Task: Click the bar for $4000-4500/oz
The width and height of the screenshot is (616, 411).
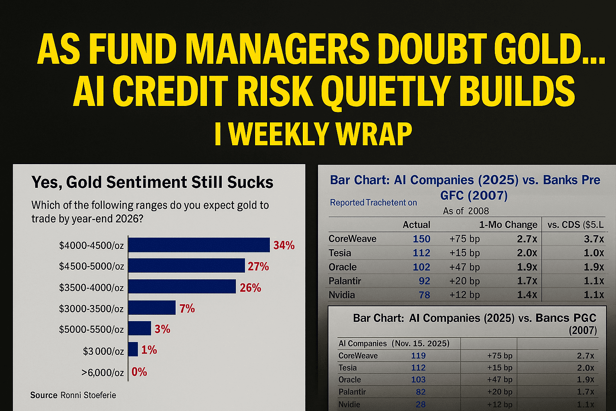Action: click(199, 245)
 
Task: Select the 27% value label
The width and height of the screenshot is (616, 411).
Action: click(258, 267)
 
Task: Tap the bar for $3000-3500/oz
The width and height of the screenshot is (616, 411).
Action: click(152, 308)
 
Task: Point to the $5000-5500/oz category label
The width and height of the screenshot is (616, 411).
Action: click(91, 330)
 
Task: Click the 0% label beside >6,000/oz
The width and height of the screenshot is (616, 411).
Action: click(139, 372)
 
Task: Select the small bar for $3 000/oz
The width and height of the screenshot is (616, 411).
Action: click(133, 350)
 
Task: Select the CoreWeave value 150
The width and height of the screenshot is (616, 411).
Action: click(421, 239)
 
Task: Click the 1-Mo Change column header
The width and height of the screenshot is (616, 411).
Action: click(508, 225)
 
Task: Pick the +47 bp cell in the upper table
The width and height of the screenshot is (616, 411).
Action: click(464, 267)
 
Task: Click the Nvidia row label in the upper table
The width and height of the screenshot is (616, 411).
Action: click(342, 295)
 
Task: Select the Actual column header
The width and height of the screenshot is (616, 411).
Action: click(416, 225)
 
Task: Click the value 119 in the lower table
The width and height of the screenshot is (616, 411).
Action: click(418, 356)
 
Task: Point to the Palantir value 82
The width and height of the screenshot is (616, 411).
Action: click(420, 392)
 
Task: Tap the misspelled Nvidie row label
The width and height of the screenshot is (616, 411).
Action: click(349, 404)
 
